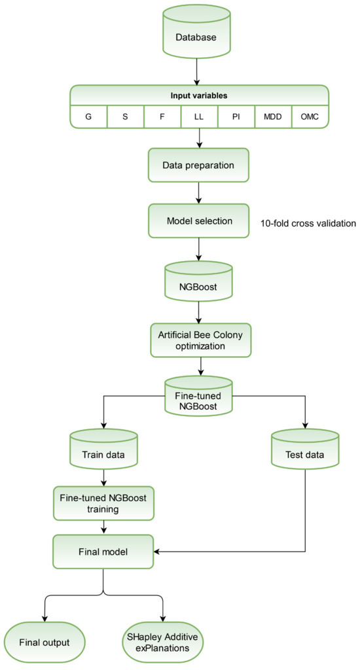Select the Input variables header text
point(198,95)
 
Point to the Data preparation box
point(198,166)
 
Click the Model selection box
point(198,221)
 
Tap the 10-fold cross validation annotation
point(308,223)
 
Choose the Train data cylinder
point(104,453)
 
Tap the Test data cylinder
point(305,453)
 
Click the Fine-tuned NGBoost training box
point(104,502)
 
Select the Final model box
point(104,551)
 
